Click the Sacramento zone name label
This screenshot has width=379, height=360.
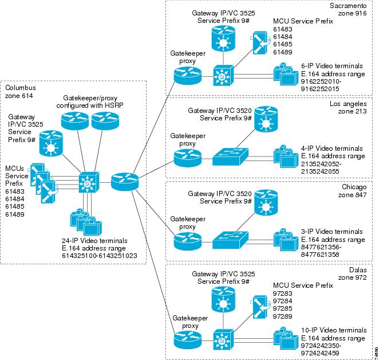coord(348,5)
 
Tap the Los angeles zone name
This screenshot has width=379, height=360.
coord(348,104)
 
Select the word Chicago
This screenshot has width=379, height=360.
coord(354,187)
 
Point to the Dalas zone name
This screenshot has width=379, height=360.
coord(358,270)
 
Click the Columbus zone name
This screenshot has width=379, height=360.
coord(21,88)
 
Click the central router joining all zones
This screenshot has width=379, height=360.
coord(125,181)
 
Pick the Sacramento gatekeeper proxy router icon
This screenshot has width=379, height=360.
coord(188,75)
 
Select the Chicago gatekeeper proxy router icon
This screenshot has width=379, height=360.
coord(188,241)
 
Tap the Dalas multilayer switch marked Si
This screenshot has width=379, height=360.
coord(223,340)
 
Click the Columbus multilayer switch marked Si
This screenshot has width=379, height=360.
coord(89,182)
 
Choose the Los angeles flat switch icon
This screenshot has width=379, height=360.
coord(230,156)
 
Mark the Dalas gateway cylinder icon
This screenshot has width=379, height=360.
coord(223,300)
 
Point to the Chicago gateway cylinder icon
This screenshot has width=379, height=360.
coord(266,202)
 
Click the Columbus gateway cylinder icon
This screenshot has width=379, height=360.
coord(51,143)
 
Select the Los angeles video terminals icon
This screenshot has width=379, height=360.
coord(286,156)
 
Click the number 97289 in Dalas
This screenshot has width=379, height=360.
coord(283,316)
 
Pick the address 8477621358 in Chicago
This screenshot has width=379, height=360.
coord(320,255)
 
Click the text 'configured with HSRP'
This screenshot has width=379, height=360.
coord(90,105)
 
